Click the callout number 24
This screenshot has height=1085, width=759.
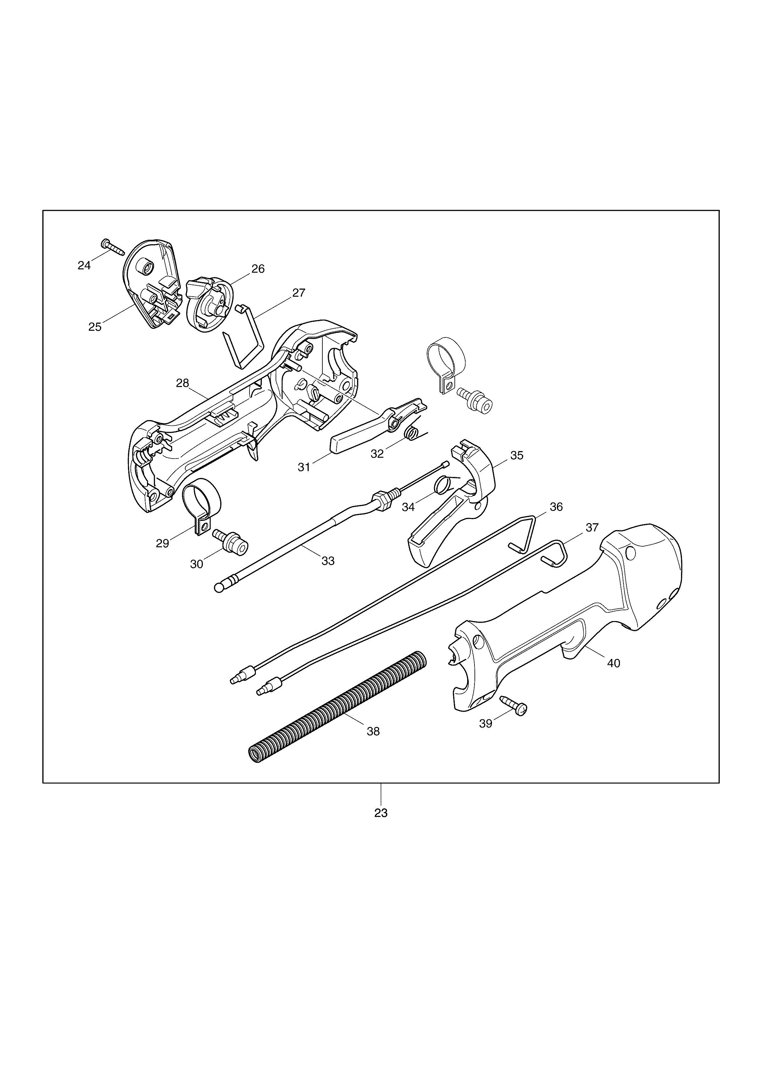[x=84, y=266]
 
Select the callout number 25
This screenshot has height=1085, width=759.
[x=95, y=327]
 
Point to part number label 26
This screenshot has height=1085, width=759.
[x=258, y=269]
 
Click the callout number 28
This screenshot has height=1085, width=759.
[x=183, y=383]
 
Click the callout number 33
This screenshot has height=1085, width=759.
[x=328, y=561]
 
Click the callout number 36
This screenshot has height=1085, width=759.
[x=556, y=507]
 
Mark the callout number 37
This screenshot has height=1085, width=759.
[x=592, y=527]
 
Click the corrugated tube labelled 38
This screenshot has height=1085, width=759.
[x=337, y=708]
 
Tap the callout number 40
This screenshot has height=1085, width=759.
[x=613, y=663]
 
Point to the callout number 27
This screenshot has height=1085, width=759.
[x=299, y=293]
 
